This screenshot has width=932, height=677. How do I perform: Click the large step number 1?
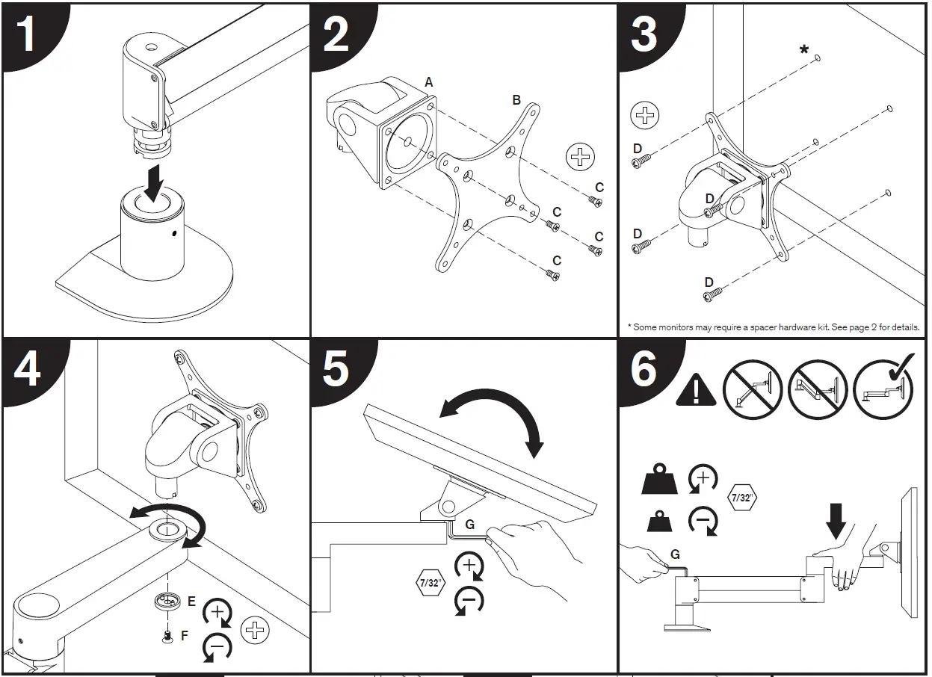click(x=28, y=34)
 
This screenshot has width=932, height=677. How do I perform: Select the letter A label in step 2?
click(x=429, y=83)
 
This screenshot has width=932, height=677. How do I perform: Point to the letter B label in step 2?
click(x=516, y=100)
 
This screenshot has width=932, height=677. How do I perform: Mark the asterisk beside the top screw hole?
click(x=803, y=51)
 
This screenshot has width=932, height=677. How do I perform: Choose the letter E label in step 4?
click(x=191, y=600)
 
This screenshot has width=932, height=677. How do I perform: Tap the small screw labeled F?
click(x=167, y=636)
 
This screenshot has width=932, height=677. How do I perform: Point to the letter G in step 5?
click(x=469, y=525)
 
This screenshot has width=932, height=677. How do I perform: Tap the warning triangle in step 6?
click(x=696, y=390)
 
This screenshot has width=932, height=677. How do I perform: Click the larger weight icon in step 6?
click(x=659, y=480)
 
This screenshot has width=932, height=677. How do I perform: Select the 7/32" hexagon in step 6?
click(x=742, y=497)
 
